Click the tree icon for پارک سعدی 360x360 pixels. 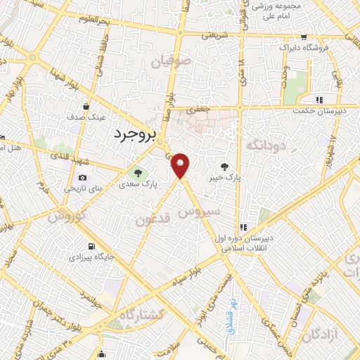point(137,172)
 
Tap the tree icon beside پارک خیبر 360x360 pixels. point(224,167)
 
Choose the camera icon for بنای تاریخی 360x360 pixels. point(83,177)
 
